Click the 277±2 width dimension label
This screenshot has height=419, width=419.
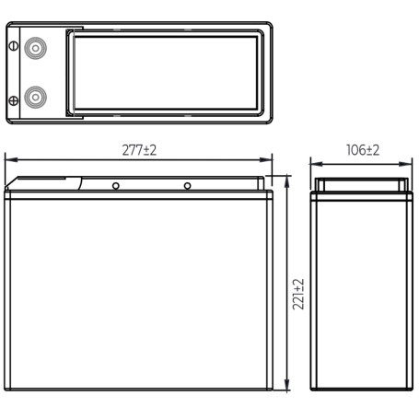[139, 150]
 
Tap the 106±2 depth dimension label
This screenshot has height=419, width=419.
[363, 150]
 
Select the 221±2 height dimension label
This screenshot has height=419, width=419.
[298, 294]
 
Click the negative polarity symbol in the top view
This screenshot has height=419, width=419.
[14, 46]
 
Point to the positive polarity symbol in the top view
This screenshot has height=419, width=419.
[14, 100]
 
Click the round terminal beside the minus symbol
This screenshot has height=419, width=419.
[35, 48]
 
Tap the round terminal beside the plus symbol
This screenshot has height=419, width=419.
[35, 98]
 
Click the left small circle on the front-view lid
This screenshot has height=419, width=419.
[116, 186]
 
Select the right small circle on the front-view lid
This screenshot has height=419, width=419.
[187, 186]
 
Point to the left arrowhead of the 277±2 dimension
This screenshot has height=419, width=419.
[11, 160]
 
